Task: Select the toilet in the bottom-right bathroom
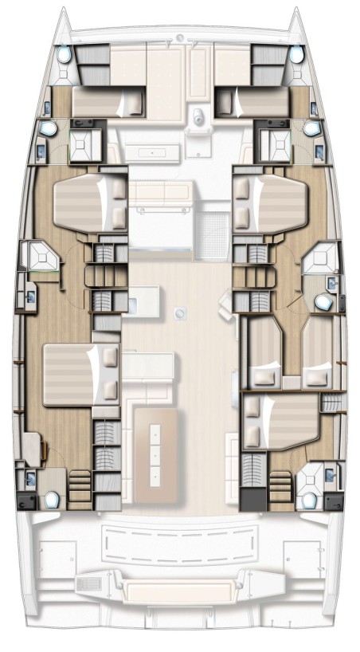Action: pos(308,500)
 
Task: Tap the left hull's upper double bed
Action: pos(88,203)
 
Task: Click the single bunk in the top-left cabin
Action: pos(108,103)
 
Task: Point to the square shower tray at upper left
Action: pos(80,143)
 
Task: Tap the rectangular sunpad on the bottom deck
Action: pos(178,591)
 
